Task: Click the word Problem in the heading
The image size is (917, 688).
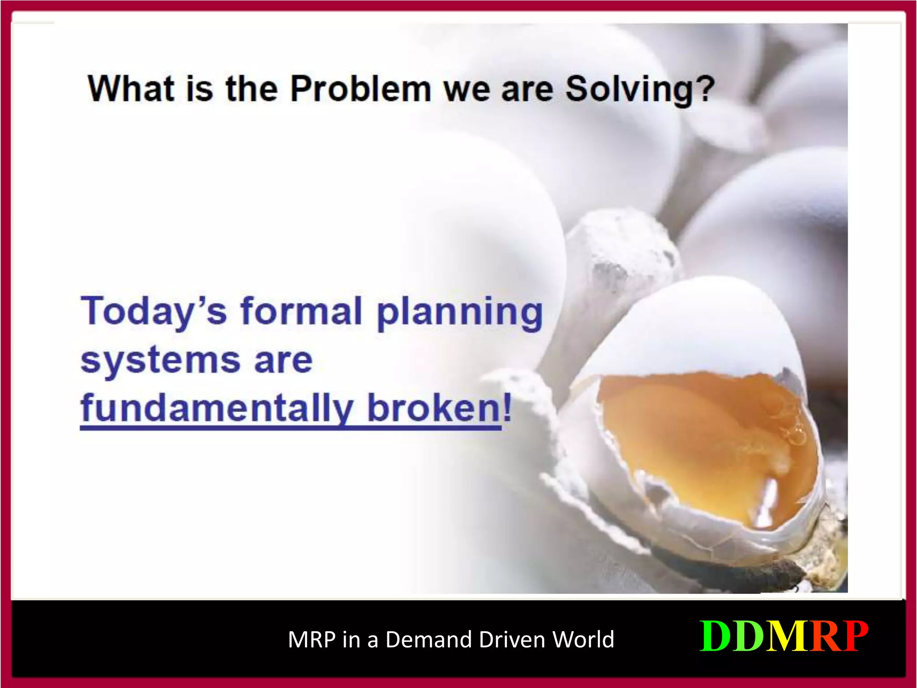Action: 360,89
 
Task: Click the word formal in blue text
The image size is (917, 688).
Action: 301,310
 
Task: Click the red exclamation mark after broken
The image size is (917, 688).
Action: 507,407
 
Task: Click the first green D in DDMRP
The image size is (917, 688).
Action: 716,636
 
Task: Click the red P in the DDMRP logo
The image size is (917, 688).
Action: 853,636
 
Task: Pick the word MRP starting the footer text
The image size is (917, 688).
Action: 312,639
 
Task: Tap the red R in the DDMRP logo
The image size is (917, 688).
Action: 823,636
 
